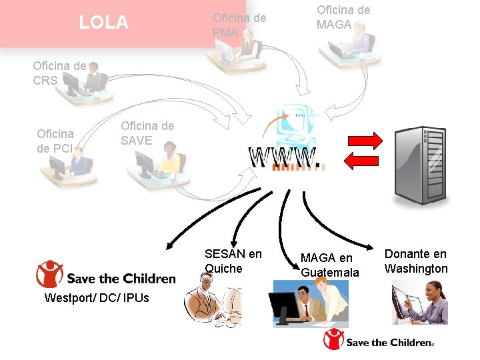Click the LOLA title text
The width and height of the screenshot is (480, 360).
click(103, 23)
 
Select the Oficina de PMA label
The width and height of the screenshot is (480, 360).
click(239, 25)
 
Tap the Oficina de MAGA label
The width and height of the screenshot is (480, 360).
click(343, 17)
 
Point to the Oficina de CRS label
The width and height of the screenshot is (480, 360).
click(59, 73)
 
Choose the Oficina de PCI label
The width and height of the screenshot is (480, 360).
click(55, 141)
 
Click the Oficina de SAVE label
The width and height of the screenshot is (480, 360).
click(147, 133)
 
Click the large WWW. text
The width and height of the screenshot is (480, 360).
click(285, 157)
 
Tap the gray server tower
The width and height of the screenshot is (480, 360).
click(421, 165)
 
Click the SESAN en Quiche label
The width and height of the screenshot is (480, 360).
click(233, 261)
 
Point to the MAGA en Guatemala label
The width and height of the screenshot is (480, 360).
click(329, 265)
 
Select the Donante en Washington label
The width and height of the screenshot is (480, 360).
click(416, 261)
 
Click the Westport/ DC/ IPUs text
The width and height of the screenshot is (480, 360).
click(97, 297)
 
